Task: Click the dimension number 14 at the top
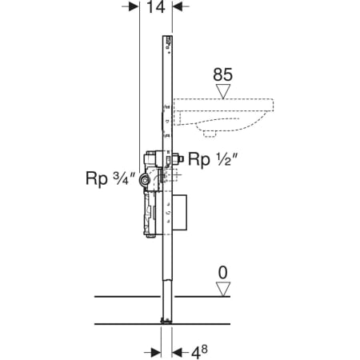[156, 7]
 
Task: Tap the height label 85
[222, 74]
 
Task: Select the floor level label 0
[223, 273]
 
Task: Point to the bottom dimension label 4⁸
[199, 352]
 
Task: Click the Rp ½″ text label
[213, 160]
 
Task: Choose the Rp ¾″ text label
[110, 178]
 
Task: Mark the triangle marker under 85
[223, 92]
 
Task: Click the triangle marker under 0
[223, 290]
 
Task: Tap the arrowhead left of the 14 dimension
[134, 6]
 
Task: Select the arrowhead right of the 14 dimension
[178, 6]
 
